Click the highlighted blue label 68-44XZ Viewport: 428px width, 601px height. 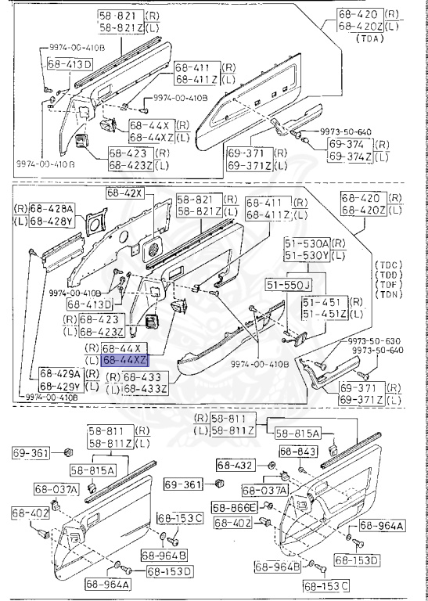pyautogui.click(x=124, y=361)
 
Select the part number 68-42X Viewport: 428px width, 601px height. pyautogui.click(x=124, y=193)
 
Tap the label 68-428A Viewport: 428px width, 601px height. pyautogui.click(x=52, y=209)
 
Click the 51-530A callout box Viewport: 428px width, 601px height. pyautogui.click(x=307, y=244)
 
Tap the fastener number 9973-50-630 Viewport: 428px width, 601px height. pyautogui.click(x=372, y=340)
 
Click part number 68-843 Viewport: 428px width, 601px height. pyautogui.click(x=298, y=452)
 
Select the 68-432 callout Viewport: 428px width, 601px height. pyautogui.click(x=235, y=466)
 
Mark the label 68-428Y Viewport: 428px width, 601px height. pyautogui.click(x=52, y=222)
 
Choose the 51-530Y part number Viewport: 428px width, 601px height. pyautogui.click(x=307, y=256)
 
